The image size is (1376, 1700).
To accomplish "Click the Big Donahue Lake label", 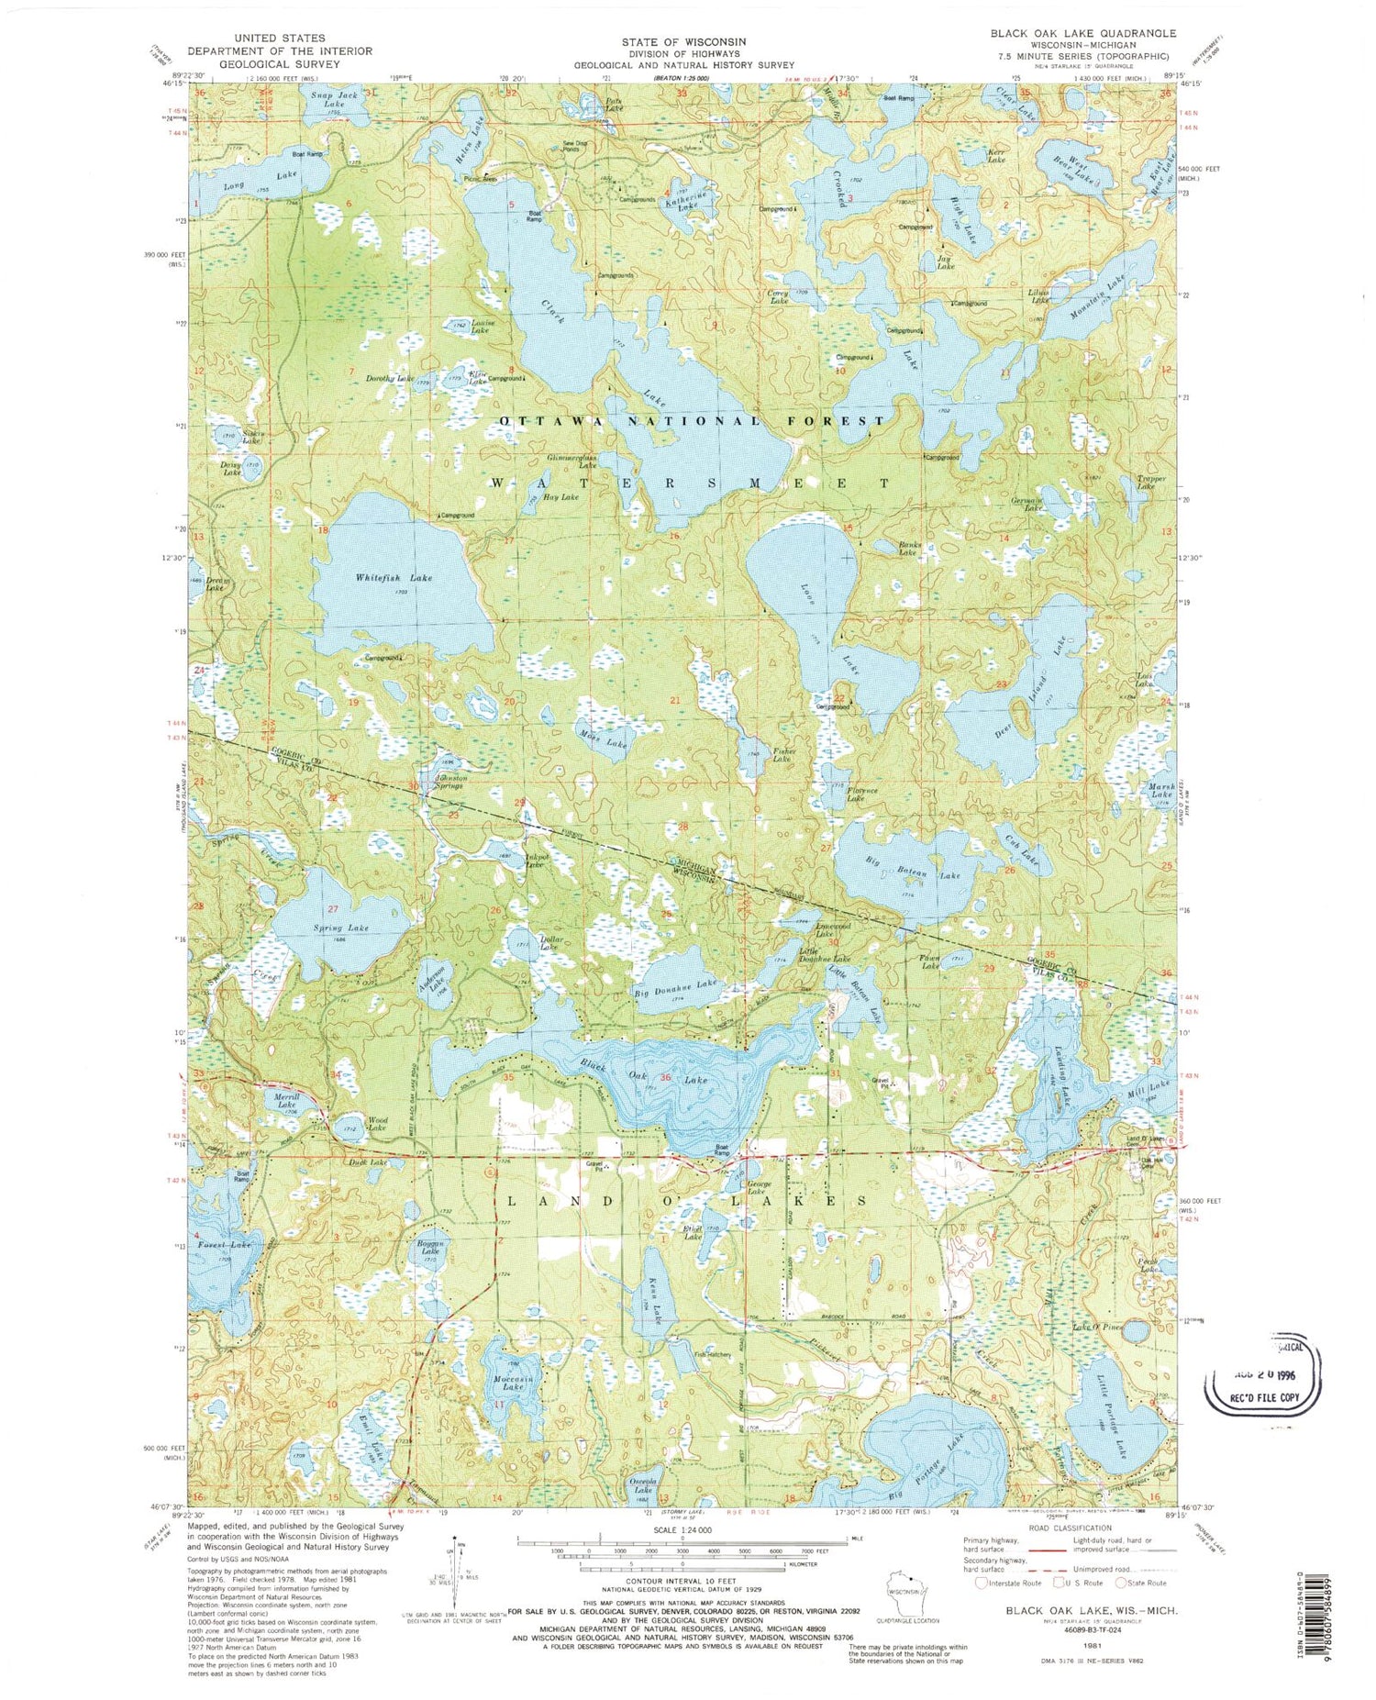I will [674, 984].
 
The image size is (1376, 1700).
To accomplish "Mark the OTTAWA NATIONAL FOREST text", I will [693, 420].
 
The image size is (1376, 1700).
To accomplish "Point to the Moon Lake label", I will [603, 741].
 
